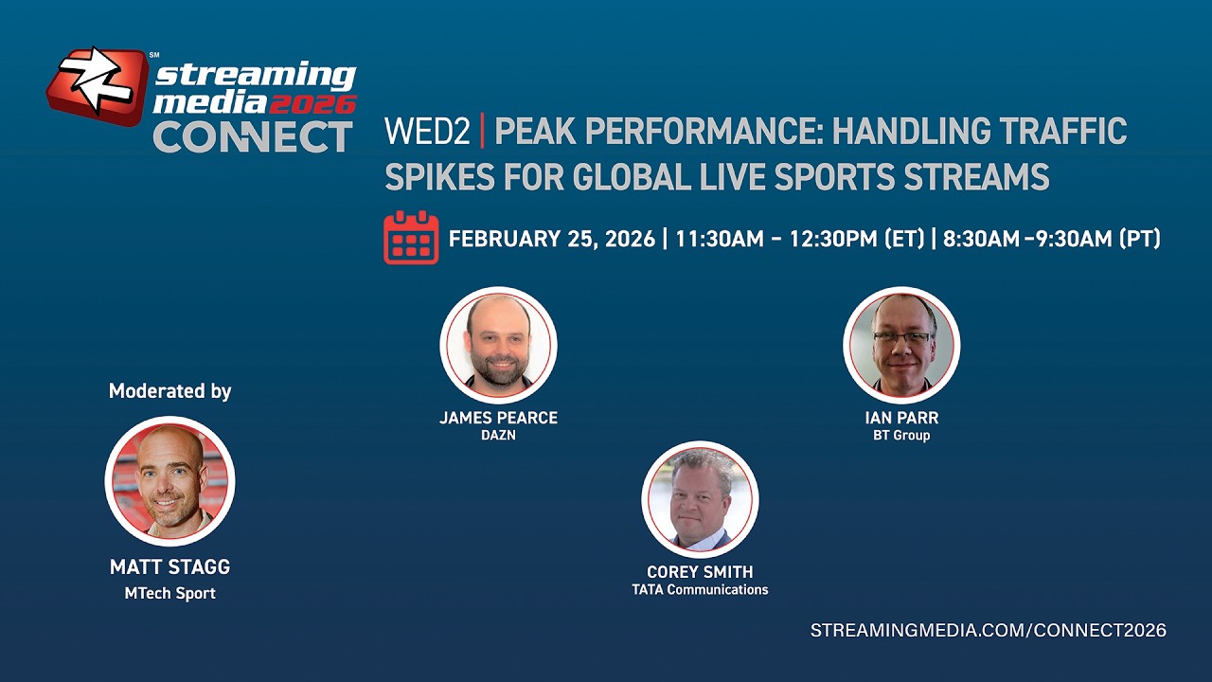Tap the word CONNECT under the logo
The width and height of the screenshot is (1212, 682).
[253, 137]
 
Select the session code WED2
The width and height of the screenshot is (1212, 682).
[427, 132]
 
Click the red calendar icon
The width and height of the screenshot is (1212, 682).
[411, 238]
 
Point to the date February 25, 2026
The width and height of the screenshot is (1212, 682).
[551, 239]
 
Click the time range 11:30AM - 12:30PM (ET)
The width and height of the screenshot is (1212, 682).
[799, 239]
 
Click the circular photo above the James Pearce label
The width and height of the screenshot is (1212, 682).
[498, 345]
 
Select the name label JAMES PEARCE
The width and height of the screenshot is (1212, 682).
[498, 418]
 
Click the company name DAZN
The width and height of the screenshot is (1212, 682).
[498, 436]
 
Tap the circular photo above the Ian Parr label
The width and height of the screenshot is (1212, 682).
[901, 345]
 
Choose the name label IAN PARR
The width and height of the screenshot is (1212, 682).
[901, 418]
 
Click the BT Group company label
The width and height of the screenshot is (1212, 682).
[901, 436]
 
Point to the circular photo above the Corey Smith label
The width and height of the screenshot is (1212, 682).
[700, 499]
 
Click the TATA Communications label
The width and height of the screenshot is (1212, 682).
[700, 590]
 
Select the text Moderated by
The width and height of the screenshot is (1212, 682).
[169, 391]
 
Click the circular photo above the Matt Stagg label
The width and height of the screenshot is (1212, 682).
[169, 481]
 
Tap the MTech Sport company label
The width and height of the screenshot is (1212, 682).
[169, 594]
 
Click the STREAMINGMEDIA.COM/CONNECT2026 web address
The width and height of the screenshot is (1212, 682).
[988, 631]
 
